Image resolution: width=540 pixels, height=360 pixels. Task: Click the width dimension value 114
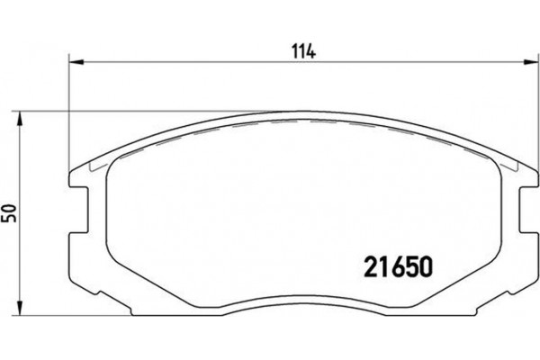(300, 51)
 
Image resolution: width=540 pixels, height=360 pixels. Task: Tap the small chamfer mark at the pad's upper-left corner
(91, 167)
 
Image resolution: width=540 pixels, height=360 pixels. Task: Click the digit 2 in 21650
(368, 267)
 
